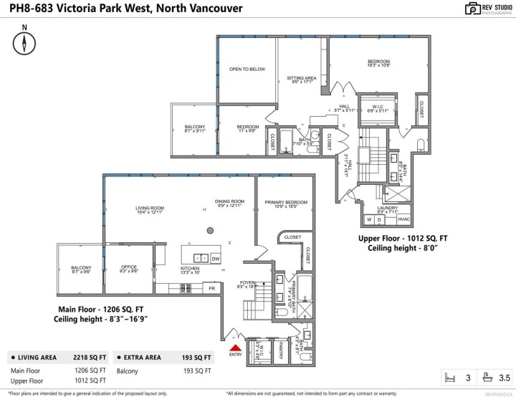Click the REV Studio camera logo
pos(473,9)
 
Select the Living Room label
pos(150,209)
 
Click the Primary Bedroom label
pos(285,203)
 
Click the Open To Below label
pos(247,70)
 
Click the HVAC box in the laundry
pos(403,219)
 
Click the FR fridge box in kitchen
pos(211,288)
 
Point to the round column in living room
pos(210,230)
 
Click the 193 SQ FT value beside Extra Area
pos(197,357)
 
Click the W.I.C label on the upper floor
pos(377,107)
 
